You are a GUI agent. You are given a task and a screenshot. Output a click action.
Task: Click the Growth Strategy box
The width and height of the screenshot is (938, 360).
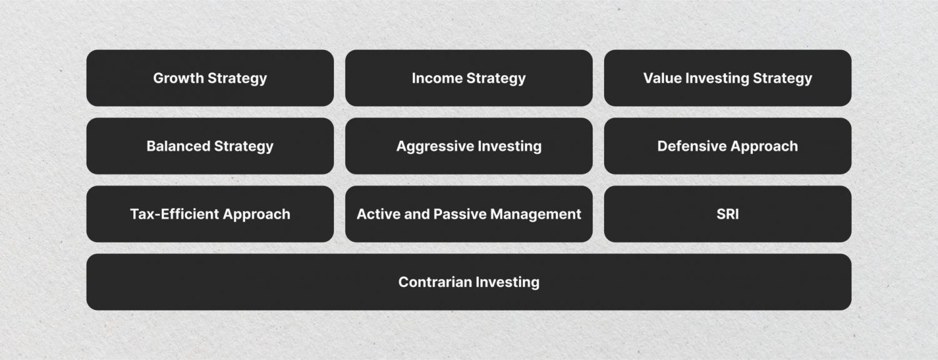(x=209, y=78)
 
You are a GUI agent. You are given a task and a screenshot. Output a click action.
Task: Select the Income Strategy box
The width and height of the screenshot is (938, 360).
(x=468, y=78)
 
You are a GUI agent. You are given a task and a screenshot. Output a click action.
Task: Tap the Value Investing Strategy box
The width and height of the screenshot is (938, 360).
(x=727, y=78)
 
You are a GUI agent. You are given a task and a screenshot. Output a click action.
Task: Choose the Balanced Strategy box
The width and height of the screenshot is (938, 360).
(x=209, y=146)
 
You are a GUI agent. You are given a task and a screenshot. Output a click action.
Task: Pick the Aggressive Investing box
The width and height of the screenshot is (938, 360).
(x=468, y=146)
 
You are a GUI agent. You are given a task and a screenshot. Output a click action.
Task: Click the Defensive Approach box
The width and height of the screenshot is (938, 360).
(x=727, y=146)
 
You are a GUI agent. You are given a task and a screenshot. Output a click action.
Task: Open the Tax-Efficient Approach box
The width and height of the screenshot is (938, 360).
(x=209, y=214)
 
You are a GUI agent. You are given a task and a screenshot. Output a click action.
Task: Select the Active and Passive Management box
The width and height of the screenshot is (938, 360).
(x=468, y=214)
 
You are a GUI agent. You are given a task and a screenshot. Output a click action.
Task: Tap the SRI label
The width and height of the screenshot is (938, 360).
(x=727, y=214)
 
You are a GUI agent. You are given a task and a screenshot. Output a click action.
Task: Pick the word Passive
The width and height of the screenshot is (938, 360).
(x=463, y=214)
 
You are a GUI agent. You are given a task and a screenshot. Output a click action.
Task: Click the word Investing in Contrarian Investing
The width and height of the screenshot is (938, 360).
(x=507, y=282)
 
